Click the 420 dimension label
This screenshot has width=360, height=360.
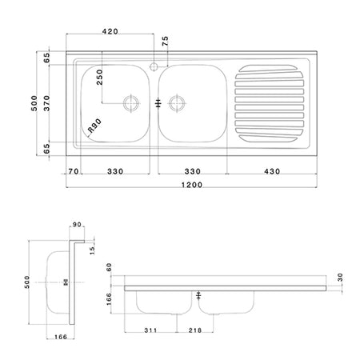coord(110,31)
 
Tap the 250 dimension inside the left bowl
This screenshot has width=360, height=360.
coord(99,78)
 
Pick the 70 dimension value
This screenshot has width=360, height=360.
coord(74,170)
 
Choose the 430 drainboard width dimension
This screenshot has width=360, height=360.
coord(273,170)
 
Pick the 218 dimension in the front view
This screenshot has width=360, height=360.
coord(194,330)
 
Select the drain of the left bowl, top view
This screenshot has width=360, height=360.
coord(129,102)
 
